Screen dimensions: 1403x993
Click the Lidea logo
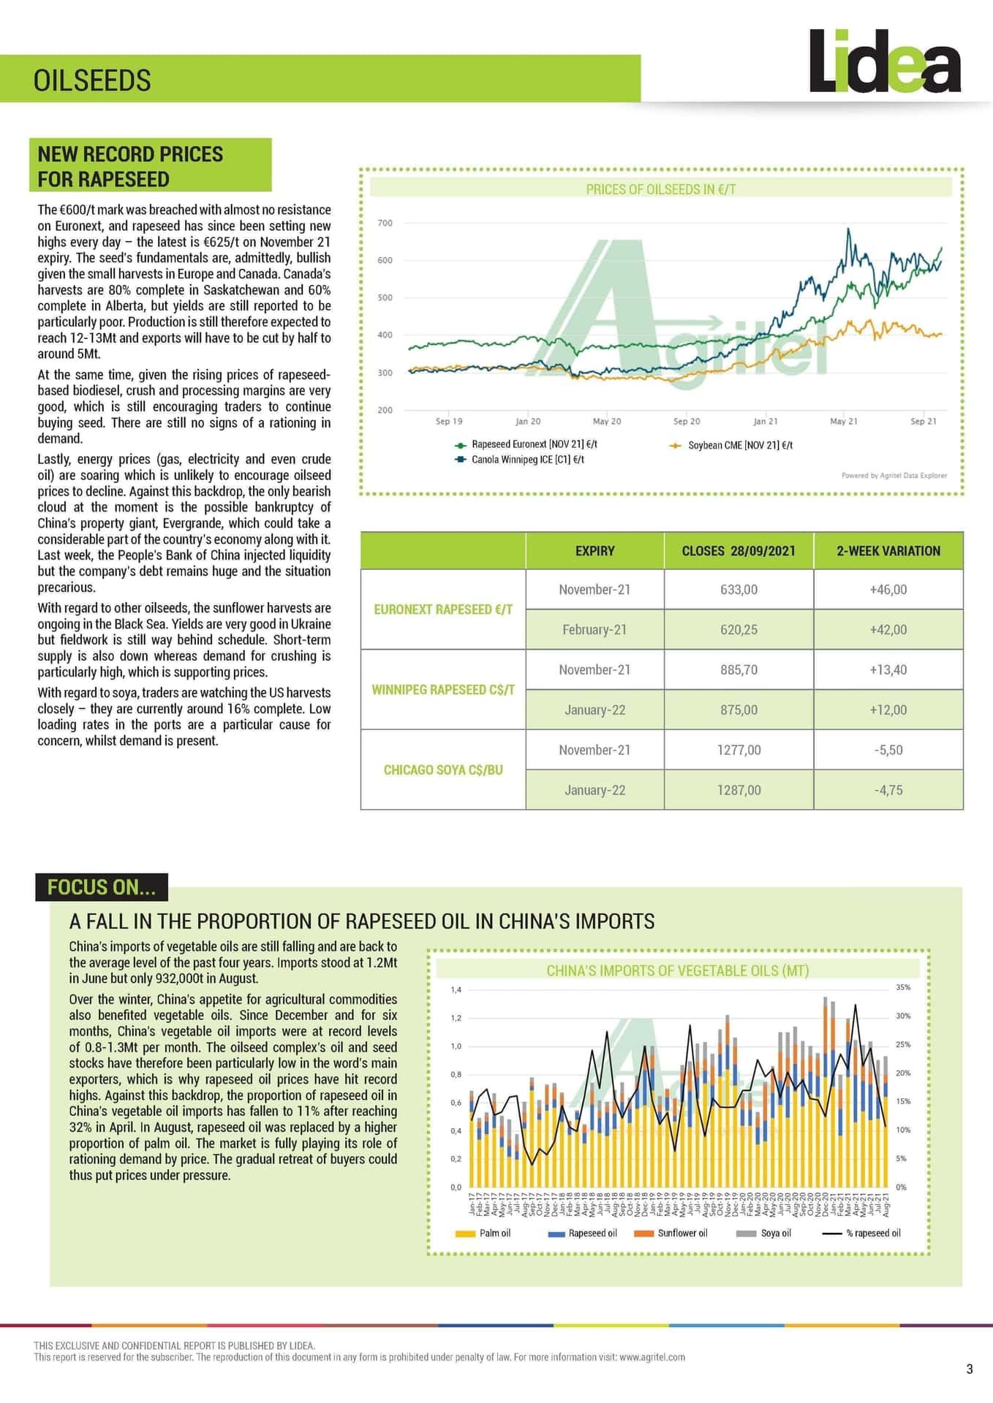[885, 62]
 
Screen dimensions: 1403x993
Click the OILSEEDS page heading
[92, 80]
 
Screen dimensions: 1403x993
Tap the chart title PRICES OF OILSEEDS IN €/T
[660, 189]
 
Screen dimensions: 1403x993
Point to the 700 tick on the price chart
[385, 223]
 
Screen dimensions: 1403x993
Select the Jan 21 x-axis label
[765, 422]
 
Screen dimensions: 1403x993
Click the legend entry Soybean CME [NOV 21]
[739, 445]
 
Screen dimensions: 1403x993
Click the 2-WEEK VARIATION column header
[888, 551]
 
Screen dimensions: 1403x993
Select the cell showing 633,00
[739, 590]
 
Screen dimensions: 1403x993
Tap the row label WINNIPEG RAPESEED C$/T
[443, 690]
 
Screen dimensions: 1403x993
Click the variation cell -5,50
[888, 750]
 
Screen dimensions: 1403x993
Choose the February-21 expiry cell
[594, 630]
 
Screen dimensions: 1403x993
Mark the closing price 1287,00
[739, 791]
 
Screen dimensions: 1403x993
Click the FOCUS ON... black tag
[101, 887]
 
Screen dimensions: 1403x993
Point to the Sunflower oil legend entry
[681, 1233]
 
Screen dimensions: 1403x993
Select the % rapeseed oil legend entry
[872, 1233]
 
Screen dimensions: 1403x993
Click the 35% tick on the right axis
[902, 987]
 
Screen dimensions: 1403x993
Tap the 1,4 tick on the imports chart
[456, 990]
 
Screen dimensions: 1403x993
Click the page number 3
[969, 1369]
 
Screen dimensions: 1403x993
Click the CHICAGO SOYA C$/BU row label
[443, 770]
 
